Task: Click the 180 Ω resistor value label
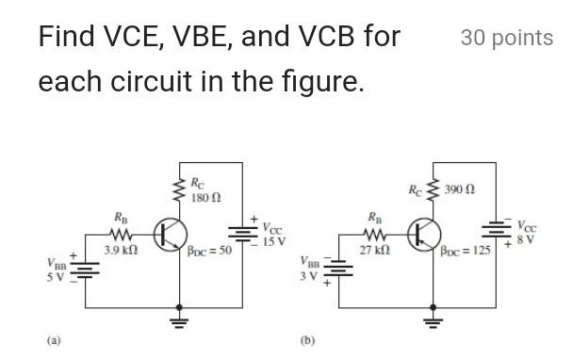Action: coord(205,197)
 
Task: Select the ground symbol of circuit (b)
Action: coord(433,321)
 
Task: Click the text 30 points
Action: coord(506,38)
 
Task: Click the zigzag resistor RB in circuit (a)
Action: coord(122,233)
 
